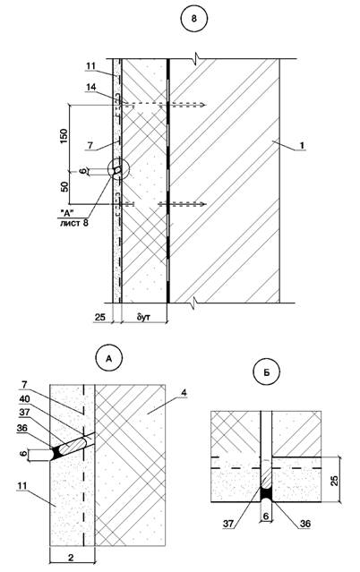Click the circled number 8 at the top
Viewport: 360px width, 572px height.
(x=193, y=20)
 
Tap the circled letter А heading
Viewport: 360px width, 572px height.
(x=108, y=359)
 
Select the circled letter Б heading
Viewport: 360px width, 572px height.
(x=267, y=372)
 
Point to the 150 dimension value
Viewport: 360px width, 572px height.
(x=64, y=136)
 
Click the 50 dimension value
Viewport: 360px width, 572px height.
(x=64, y=187)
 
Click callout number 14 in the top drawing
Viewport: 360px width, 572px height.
(x=91, y=87)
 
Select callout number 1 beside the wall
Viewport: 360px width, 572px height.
(x=302, y=145)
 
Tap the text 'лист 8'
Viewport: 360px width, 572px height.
(x=74, y=223)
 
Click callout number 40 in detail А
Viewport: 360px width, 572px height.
(x=25, y=398)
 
